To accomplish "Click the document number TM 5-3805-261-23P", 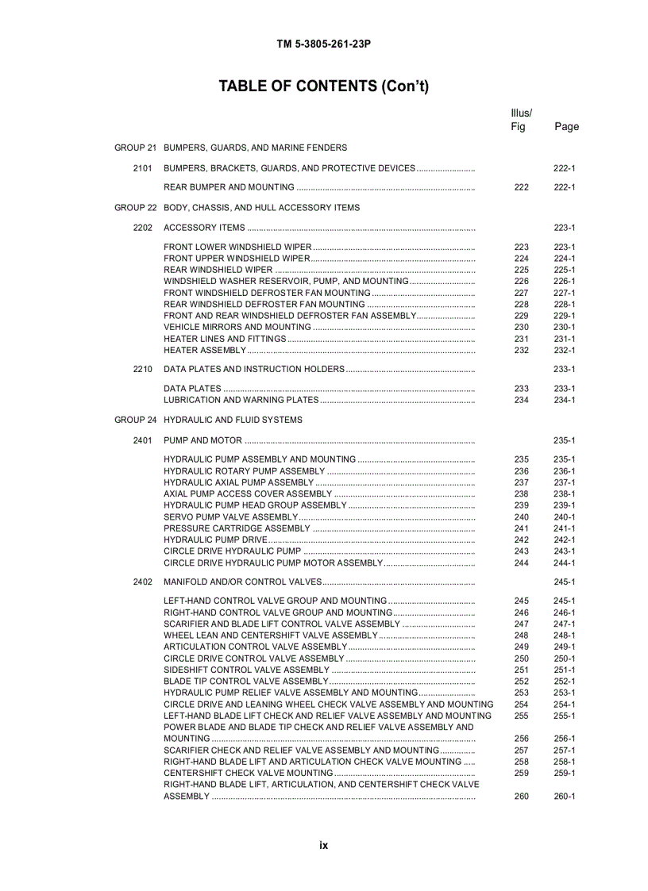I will pyautogui.click(x=323, y=44).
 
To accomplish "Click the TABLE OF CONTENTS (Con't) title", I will pyautogui.click(x=323, y=86).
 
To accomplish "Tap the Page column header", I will pyautogui.click(x=566, y=127).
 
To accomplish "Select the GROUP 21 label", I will pyautogui.click(x=135, y=148).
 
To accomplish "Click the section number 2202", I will pyautogui.click(x=143, y=228).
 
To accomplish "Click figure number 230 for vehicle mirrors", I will pyautogui.click(x=521, y=327).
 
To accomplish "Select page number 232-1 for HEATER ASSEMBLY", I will pyautogui.click(x=564, y=350).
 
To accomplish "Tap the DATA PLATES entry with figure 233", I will pyautogui.click(x=192, y=389).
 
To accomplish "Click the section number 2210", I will pyautogui.click(x=143, y=369).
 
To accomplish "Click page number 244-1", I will pyautogui.click(x=564, y=563).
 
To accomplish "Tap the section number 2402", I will pyautogui.click(x=143, y=582).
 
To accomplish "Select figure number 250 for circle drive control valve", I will pyautogui.click(x=521, y=659).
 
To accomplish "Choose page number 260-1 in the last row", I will pyautogui.click(x=564, y=797).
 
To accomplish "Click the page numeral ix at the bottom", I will pyautogui.click(x=323, y=846).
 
